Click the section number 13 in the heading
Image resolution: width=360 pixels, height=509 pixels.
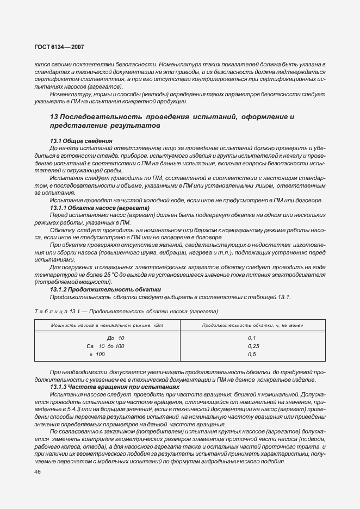(54, 117)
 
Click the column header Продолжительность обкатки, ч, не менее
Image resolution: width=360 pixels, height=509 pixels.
(253, 325)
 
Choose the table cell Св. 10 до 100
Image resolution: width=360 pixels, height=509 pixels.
(105, 346)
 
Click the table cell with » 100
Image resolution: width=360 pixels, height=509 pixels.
(100, 354)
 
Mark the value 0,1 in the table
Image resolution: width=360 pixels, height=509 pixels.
(252, 338)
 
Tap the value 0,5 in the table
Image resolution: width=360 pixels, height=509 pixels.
(252, 354)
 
